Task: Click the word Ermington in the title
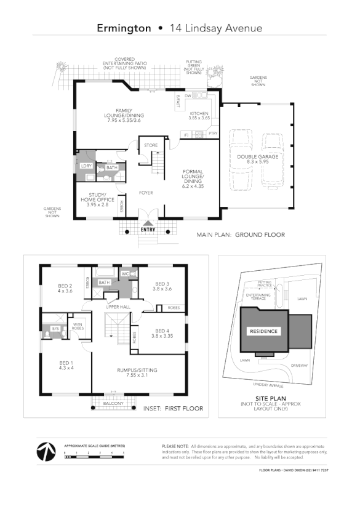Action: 124,28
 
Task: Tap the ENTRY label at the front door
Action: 148,230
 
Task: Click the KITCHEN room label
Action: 199,114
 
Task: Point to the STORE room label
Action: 151,145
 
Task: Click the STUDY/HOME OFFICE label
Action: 94,198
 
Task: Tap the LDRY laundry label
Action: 86,166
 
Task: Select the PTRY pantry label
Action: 213,133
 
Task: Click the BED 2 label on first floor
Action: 65,286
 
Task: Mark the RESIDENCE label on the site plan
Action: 263,331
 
